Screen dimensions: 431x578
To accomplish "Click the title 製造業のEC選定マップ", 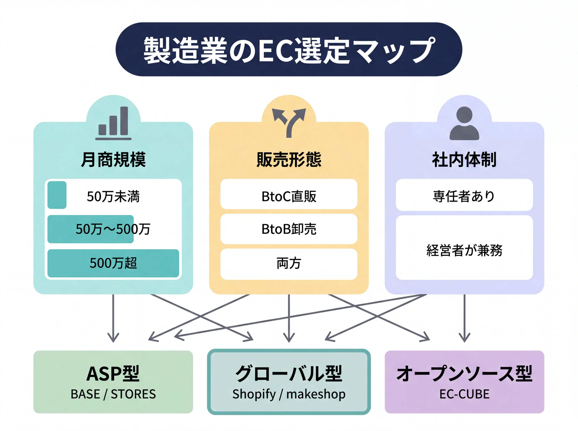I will click(x=289, y=50).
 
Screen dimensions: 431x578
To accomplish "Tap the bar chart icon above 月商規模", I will click(x=113, y=123).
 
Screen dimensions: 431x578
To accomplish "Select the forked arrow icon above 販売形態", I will click(x=289, y=122).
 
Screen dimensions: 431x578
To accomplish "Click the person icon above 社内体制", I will click(x=464, y=123).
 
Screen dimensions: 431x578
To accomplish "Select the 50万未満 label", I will click(x=113, y=196).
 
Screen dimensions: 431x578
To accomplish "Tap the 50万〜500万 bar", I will click(x=90, y=229).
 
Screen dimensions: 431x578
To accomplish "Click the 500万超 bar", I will click(x=113, y=263).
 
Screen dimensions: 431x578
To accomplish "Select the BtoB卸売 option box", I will click(x=289, y=229).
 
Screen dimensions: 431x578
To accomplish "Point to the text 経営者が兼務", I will click(x=464, y=251).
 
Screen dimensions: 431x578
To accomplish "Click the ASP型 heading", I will click(x=113, y=374).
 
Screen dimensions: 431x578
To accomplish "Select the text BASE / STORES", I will click(x=113, y=394).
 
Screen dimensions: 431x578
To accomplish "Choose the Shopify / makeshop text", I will click(x=289, y=394).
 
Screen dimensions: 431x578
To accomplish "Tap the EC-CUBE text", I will click(x=464, y=394).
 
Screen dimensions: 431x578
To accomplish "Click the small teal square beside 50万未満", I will click(x=57, y=195).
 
